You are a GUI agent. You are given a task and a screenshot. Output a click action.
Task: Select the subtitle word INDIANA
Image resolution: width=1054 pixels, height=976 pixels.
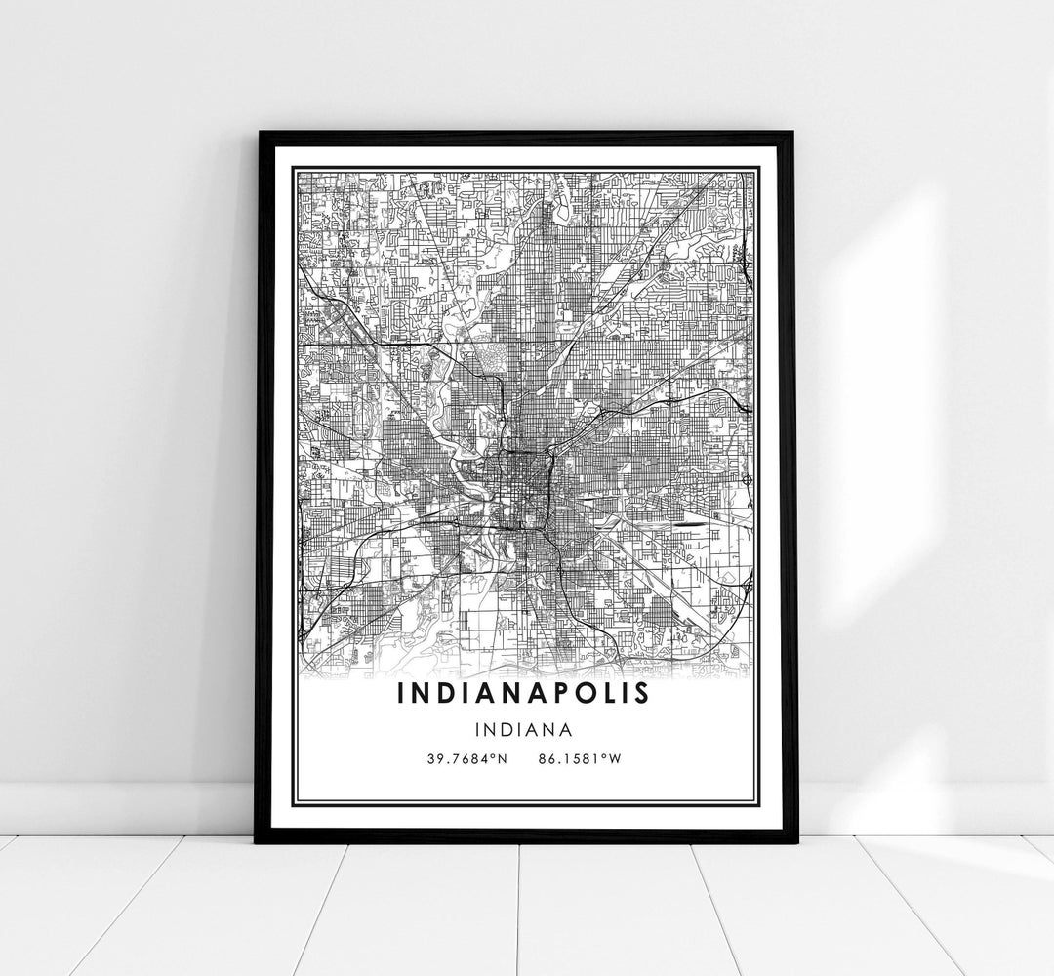524,728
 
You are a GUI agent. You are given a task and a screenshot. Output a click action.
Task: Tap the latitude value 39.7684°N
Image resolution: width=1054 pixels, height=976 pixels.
466,757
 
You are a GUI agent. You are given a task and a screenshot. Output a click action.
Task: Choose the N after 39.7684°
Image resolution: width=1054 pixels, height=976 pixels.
501,757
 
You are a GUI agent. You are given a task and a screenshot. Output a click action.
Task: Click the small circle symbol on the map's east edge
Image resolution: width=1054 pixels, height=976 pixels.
747,479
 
